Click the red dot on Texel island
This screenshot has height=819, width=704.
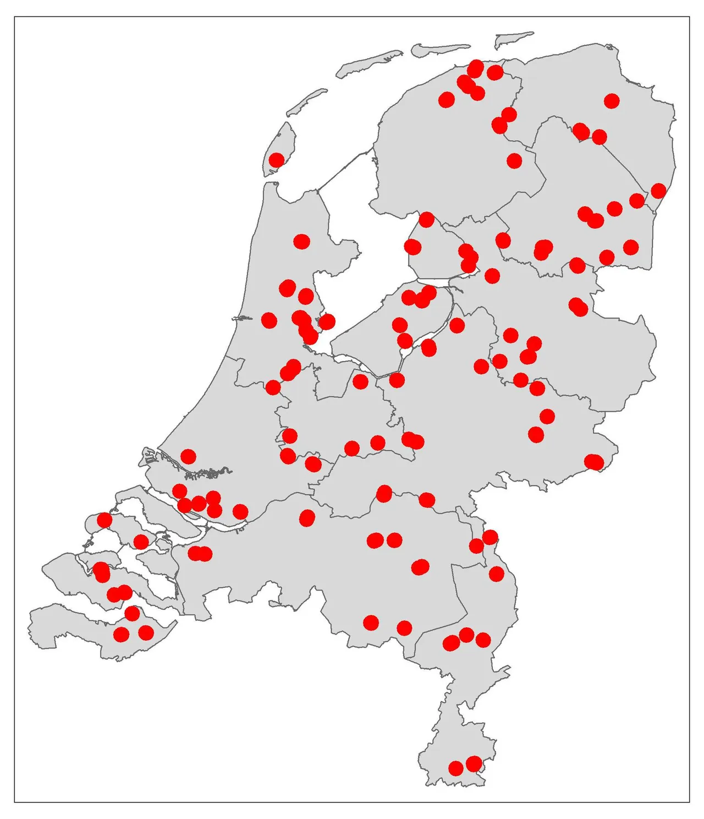(277, 160)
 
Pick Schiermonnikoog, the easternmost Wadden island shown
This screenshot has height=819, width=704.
(514, 39)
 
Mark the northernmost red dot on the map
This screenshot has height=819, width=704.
(476, 68)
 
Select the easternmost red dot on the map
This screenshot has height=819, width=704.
(658, 191)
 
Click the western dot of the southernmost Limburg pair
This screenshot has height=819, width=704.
(456, 768)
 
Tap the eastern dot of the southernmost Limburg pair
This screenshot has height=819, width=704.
(474, 764)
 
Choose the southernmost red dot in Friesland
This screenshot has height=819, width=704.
(426, 220)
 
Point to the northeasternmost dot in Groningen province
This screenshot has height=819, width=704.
(612, 101)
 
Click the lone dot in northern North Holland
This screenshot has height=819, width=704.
(301, 241)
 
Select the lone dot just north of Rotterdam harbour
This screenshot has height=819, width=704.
(188, 456)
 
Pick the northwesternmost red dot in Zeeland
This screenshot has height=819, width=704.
(104, 520)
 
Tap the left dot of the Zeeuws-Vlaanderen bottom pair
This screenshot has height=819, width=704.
(121, 634)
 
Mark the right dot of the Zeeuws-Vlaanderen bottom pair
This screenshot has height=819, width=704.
(146, 633)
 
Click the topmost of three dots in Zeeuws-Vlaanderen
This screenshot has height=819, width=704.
(132, 613)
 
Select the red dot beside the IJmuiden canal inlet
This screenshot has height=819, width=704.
(269, 320)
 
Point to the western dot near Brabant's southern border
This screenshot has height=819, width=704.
(371, 623)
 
